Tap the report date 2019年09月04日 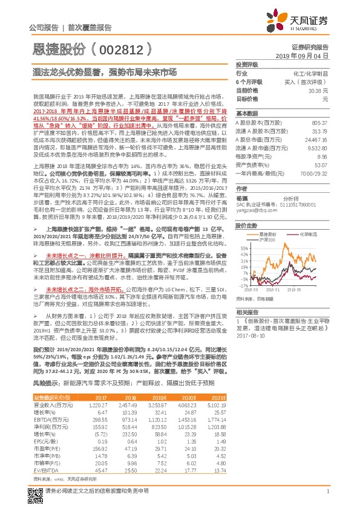(307, 55)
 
